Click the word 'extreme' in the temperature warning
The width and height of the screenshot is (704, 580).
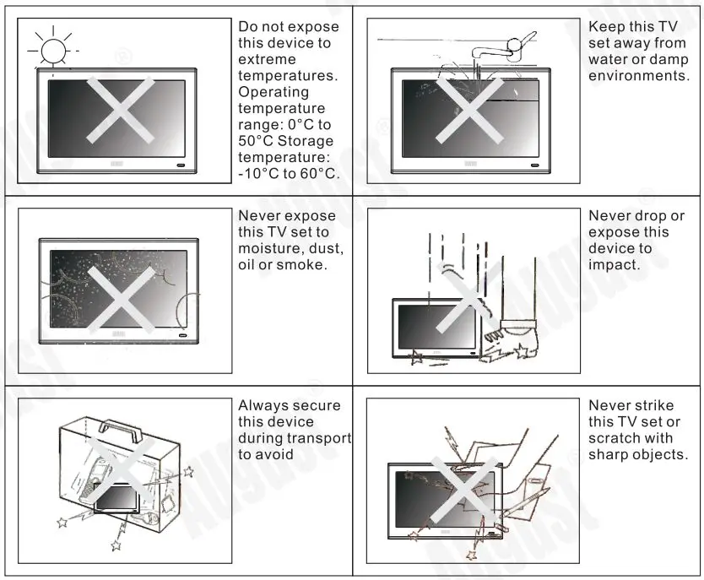click(267, 60)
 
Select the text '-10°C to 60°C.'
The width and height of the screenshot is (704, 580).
click(289, 174)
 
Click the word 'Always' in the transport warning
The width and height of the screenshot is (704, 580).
click(264, 405)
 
